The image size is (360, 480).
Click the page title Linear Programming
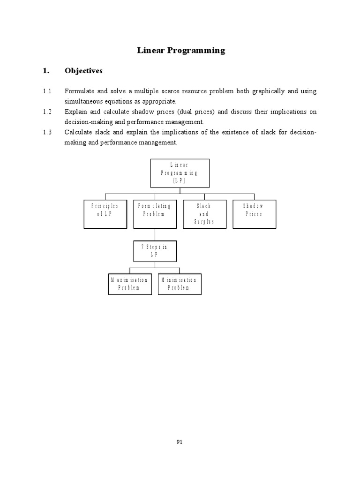click(181, 50)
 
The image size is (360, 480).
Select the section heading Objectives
click(83, 71)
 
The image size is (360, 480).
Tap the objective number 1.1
click(46, 91)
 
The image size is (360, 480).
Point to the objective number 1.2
click(46, 112)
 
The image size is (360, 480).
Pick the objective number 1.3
click(46, 132)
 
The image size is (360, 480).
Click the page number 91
click(180, 441)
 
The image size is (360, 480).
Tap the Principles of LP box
click(105, 214)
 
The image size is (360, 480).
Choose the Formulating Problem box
click(155, 214)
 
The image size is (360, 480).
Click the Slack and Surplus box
click(205, 214)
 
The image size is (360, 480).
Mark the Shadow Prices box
click(254, 214)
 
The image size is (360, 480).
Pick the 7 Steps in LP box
click(155, 250)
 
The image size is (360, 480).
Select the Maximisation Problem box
click(130, 283)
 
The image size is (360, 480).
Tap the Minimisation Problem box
click(180, 283)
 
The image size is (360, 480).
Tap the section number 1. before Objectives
click(45, 71)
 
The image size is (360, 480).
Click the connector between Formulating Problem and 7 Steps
click(155, 234)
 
